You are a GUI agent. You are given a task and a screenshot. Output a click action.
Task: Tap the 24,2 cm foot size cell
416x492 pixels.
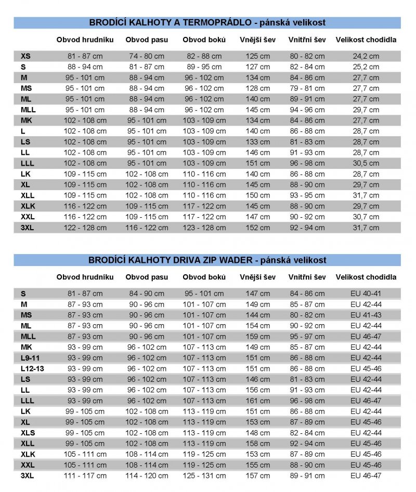tap(366, 56)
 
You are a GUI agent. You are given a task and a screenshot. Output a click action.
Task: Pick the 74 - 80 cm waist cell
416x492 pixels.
tap(147, 56)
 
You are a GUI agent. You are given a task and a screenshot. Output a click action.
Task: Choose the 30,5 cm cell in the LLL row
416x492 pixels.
tap(366, 163)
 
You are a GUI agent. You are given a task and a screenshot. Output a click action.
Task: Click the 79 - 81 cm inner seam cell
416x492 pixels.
tap(307, 88)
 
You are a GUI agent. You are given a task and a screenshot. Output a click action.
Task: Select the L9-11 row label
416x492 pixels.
tap(30, 358)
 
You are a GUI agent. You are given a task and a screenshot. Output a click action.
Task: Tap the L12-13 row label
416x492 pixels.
tap(32, 368)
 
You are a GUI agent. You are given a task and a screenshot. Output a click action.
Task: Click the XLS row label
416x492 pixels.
tap(28, 433)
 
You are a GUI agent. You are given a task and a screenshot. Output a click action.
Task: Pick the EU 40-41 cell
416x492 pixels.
tap(366, 294)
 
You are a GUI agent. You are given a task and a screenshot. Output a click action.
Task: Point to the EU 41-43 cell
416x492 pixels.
tap(366, 315)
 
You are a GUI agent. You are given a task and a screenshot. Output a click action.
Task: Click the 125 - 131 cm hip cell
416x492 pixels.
tap(204, 475)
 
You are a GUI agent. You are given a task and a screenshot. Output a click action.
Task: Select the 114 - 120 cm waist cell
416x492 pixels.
tap(147, 475)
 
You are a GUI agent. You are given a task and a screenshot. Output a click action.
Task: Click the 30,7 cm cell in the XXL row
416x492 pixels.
tap(366, 217)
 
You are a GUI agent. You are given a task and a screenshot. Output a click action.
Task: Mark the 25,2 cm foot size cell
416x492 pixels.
tap(366, 67)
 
